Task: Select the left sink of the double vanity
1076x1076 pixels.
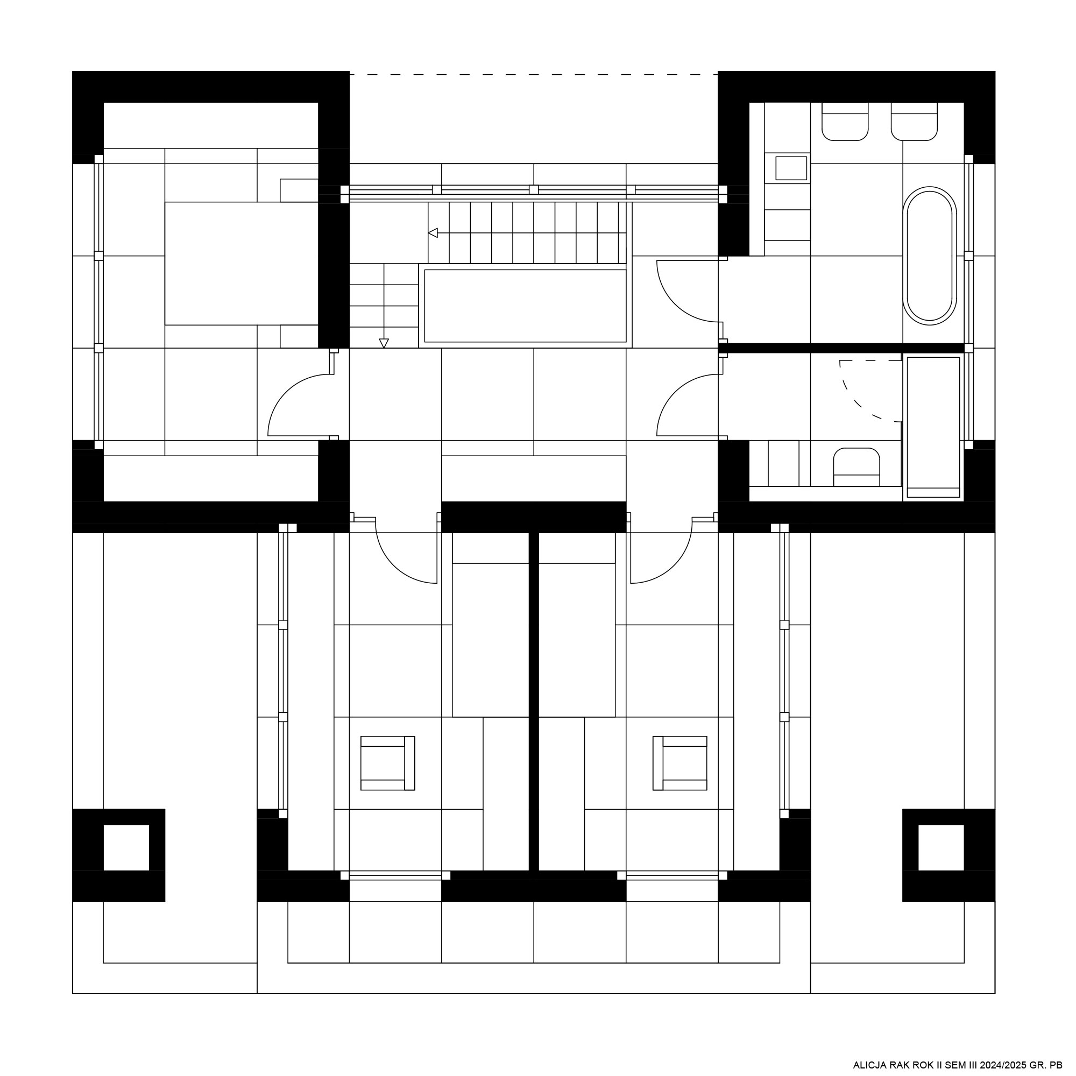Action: tap(845, 122)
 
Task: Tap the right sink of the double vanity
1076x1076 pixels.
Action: tap(914, 122)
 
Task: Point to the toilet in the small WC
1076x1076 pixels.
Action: tap(856, 466)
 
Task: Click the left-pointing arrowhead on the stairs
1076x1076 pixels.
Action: tap(433, 233)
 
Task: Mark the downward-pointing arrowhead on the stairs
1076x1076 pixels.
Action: tap(384, 343)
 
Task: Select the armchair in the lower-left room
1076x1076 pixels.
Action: tap(387, 763)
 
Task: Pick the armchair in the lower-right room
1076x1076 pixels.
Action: tap(680, 763)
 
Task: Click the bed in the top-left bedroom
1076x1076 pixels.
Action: tap(242, 264)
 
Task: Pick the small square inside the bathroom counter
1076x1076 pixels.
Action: tap(791, 168)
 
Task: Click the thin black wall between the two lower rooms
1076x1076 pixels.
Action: tap(534, 701)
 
